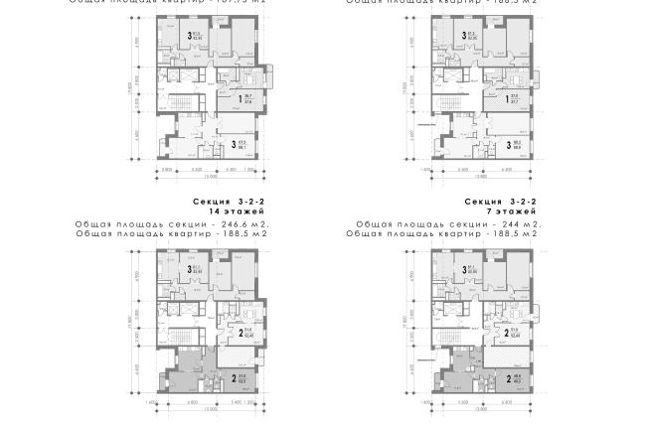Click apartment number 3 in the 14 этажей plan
189,269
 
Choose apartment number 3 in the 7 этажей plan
462,269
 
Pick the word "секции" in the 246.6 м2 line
178,224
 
